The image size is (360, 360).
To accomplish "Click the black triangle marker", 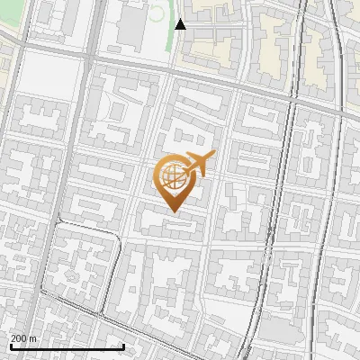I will [181, 24].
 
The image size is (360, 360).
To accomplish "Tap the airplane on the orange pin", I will [198, 165].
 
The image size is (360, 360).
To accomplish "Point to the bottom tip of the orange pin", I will [172, 212].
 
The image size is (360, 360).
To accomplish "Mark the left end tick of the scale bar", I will [10, 346].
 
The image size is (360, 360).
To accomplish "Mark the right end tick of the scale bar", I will [123, 346].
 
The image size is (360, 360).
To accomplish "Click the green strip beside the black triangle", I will [172, 36].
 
